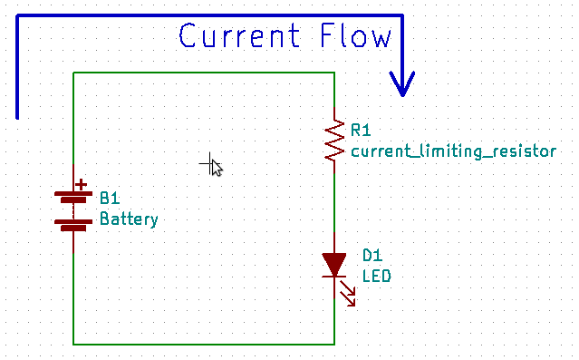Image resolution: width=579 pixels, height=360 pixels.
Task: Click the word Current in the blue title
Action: pyautogui.click(x=238, y=37)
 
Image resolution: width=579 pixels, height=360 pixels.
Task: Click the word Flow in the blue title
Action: pyautogui.click(x=356, y=37)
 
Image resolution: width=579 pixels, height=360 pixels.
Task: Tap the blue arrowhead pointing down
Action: pyautogui.click(x=401, y=84)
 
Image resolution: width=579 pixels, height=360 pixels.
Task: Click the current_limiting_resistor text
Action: pyautogui.click(x=453, y=151)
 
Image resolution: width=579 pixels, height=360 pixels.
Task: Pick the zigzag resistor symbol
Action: pyautogui.click(x=335, y=140)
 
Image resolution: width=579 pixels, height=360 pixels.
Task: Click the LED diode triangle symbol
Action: pyautogui.click(x=335, y=264)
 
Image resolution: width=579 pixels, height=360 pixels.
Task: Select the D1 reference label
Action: pyautogui.click(x=372, y=256)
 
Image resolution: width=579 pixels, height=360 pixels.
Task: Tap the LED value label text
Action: pyautogui.click(x=376, y=275)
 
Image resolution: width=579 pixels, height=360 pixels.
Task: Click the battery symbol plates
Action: pyautogui.click(x=73, y=209)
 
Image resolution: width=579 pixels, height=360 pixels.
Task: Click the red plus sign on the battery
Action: pyautogui.click(x=82, y=185)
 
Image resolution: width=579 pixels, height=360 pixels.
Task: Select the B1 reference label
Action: pyautogui.click(x=110, y=199)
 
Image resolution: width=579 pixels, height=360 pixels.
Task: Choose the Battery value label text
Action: pyautogui.click(x=129, y=219)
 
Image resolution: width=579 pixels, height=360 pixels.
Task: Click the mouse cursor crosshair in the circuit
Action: pyautogui.click(x=212, y=164)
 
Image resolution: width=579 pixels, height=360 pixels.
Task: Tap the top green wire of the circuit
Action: pyautogui.click(x=204, y=72)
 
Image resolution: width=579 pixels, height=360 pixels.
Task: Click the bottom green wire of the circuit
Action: pyautogui.click(x=204, y=345)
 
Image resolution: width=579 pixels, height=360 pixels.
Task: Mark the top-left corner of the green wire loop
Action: pyautogui.click(x=73, y=72)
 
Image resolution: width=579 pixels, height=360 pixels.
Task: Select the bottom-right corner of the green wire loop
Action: pyautogui.click(x=335, y=345)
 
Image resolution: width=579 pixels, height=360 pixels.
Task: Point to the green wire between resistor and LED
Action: pyautogui.click(x=335, y=199)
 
